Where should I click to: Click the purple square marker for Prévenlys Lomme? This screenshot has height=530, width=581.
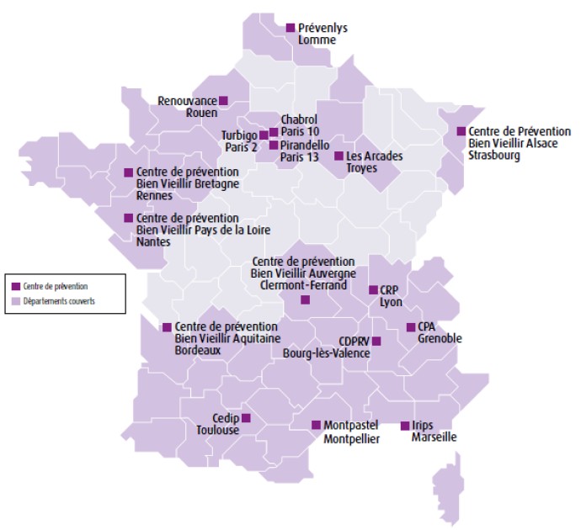click(291, 27)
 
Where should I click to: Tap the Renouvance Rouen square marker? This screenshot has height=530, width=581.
click(224, 100)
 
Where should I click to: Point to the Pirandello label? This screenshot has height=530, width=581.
click(306, 145)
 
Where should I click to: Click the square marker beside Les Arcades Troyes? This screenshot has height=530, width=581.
click(338, 156)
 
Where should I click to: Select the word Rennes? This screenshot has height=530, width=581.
click(154, 196)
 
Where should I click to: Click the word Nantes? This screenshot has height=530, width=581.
click(154, 242)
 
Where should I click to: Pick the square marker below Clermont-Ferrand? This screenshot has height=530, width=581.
click(305, 299)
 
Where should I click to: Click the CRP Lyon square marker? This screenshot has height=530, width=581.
click(373, 289)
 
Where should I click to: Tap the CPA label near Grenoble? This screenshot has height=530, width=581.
click(427, 326)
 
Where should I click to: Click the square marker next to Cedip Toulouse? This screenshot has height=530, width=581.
click(246, 417)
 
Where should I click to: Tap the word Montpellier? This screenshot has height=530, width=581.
click(352, 438)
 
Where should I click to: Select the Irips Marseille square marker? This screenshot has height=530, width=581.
click(404, 426)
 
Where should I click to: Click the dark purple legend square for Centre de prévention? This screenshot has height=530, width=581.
click(15, 287)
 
